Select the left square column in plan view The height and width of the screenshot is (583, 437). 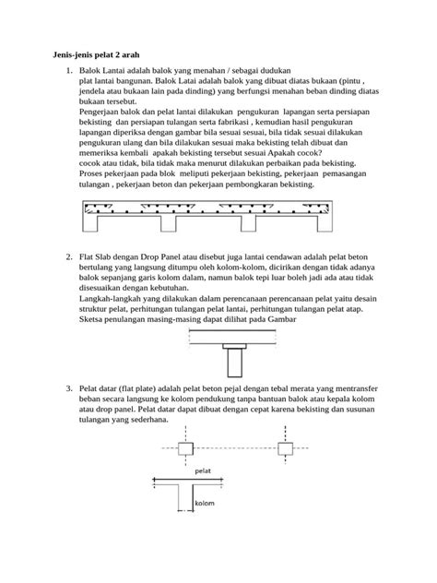pos(184,448)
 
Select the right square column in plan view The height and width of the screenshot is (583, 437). pos(286,448)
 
